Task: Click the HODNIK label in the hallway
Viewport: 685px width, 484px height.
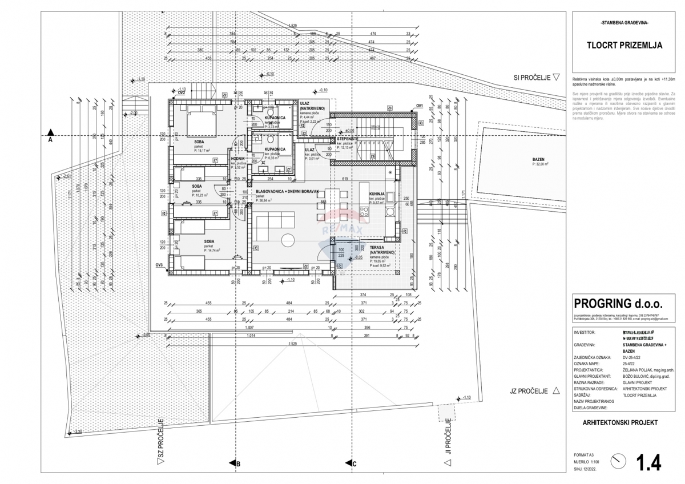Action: coord(237,159)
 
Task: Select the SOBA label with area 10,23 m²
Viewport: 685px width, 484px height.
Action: coord(196,186)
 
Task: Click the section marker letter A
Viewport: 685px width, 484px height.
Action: coord(50,139)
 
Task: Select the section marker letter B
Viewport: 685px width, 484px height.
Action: coord(237,464)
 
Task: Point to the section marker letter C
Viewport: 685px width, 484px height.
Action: coord(354,464)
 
